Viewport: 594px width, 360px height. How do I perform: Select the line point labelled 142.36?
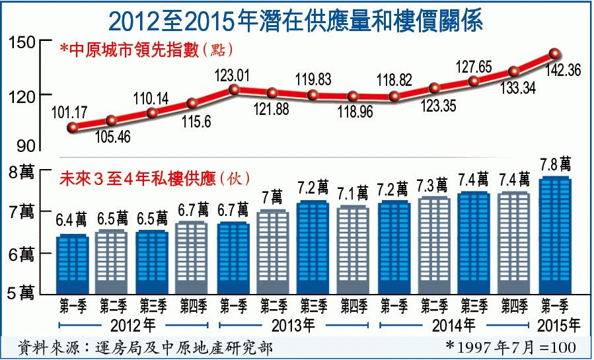tap(555, 54)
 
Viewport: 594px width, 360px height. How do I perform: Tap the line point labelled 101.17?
tap(73, 127)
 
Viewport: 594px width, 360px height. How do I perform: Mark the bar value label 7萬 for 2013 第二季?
tap(272, 197)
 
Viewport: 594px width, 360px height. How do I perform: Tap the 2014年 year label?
tap(455, 325)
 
